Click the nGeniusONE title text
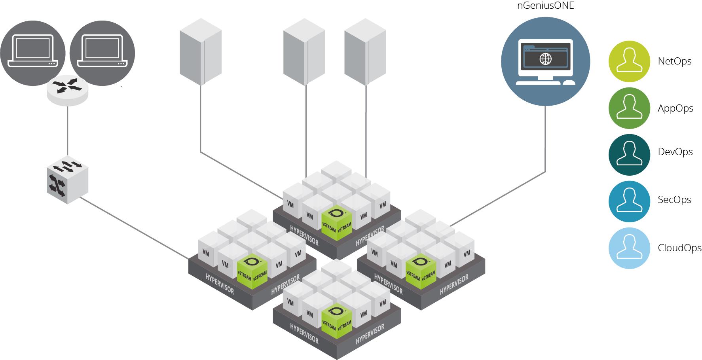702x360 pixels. click(545, 6)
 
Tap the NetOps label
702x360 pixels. click(675, 61)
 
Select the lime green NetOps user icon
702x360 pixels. click(629, 61)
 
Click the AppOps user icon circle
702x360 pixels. click(629, 108)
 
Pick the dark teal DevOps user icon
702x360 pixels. click(629, 155)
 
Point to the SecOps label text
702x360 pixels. click(674, 200)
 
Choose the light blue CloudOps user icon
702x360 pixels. click(629, 248)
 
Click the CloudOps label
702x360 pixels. click(679, 248)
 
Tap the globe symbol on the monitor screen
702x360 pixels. click(545, 59)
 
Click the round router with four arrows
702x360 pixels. click(67, 90)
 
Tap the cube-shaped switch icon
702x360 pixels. click(67, 180)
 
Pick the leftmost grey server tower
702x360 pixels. click(200, 51)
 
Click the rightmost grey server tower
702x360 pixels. click(365, 51)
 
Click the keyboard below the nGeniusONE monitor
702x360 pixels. click(538, 83)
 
